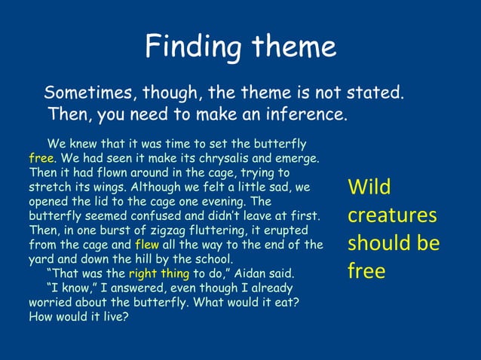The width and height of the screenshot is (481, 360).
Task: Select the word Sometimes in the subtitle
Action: [x=85, y=94]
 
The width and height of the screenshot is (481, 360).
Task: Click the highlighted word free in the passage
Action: [x=41, y=159]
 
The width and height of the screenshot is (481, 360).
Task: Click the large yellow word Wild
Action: [x=369, y=188]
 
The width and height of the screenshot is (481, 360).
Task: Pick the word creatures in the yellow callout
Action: [x=391, y=216]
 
